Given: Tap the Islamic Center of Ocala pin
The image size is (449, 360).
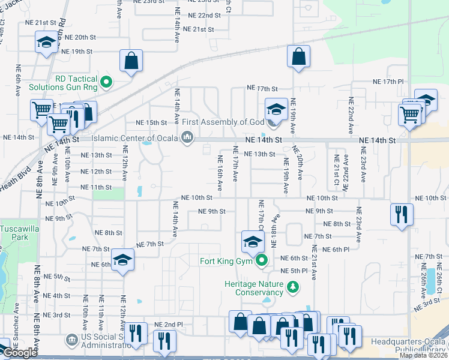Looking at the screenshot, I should pos(187,139).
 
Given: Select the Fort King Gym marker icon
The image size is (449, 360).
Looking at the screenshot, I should pos(262,260).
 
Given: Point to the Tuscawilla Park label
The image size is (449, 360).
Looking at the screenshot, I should pos(14,233).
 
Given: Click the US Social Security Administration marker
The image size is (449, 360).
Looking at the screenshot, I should pos(72,340).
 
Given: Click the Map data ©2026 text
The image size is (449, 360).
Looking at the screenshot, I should pos(423,355).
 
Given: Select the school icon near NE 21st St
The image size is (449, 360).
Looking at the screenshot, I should pos(46,43).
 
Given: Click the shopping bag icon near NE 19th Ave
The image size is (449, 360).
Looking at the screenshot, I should pos(298,58).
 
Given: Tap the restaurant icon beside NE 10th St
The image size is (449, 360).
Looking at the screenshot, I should pos(400,214).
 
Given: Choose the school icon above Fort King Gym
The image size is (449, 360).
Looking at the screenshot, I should pos(253,242).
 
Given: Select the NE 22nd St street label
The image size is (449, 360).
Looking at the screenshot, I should pos(204,15).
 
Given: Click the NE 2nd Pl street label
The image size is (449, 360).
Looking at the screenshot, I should pos(168,325).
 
